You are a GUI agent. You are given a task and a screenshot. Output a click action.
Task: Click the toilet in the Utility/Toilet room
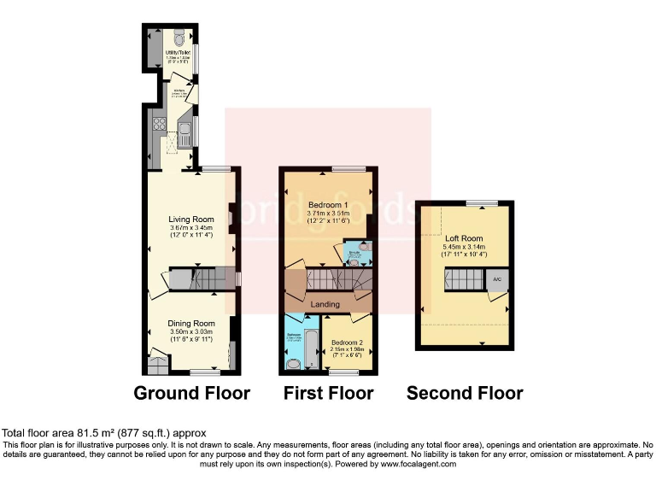pyautogui.click(x=177, y=38)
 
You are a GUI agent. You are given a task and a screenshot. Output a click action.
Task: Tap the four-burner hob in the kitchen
pyautogui.click(x=157, y=126)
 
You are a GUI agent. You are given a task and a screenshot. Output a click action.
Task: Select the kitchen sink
pyautogui.click(x=183, y=134)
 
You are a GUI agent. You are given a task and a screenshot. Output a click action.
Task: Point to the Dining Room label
pyautogui.click(x=190, y=324)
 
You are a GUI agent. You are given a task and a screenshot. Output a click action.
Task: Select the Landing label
pyautogui.click(x=325, y=304)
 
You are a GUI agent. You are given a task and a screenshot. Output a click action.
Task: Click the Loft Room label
pyautogui.click(x=464, y=238)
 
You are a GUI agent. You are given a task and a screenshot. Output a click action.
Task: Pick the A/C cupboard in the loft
pyautogui.click(x=495, y=279)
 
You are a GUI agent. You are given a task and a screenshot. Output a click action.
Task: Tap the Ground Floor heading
pyautogui.click(x=192, y=393)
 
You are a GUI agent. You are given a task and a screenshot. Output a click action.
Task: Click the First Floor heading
pyautogui.click(x=329, y=393)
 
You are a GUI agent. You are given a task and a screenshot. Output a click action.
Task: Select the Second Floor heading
pyautogui.click(x=465, y=393)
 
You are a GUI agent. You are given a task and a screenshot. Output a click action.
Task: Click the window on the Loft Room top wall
pyautogui.click(x=482, y=202)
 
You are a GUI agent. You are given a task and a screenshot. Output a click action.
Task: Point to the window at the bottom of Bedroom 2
pyautogui.click(x=344, y=372)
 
